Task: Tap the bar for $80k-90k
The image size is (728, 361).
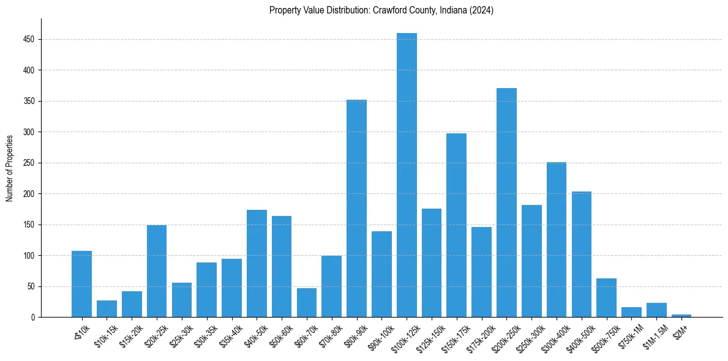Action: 356,208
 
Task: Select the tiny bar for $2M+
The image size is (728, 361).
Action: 681,316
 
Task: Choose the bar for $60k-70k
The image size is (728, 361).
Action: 307,302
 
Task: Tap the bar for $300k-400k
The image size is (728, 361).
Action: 556,239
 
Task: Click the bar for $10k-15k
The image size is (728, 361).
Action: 107,308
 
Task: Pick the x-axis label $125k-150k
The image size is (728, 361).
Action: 430,337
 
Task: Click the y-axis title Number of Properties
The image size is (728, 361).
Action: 9,168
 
